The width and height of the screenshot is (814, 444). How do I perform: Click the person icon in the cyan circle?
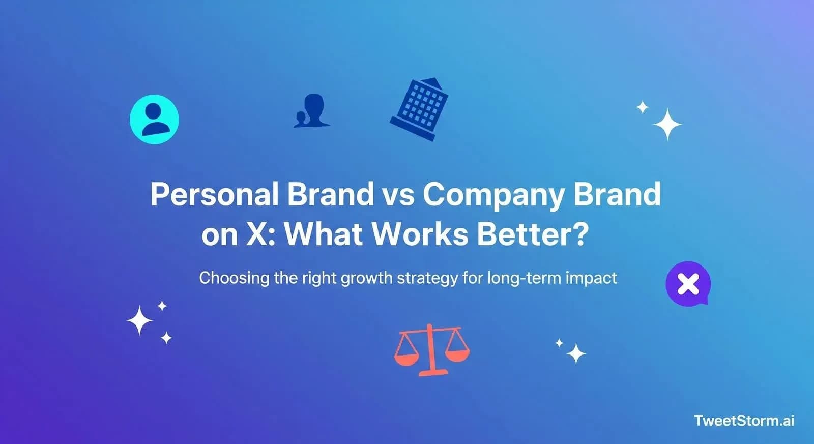154,119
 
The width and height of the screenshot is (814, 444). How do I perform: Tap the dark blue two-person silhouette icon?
311,110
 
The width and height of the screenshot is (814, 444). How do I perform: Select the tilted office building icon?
419,109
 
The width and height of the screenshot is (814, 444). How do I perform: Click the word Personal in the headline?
214,194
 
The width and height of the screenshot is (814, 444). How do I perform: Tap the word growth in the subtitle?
366,278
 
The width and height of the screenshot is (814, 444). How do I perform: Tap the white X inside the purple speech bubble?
688,284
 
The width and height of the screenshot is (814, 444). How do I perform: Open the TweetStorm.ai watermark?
744,421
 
